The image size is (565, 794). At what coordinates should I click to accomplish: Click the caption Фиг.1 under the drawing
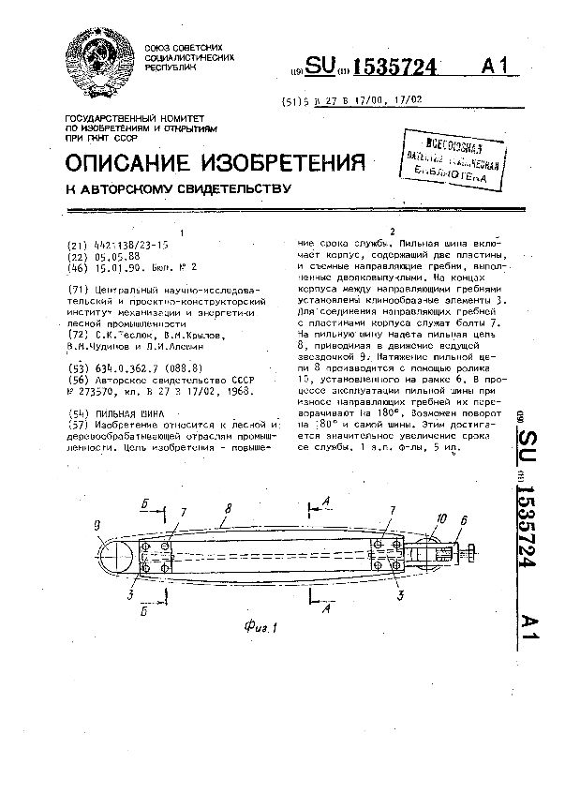pyautogui.click(x=264, y=629)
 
